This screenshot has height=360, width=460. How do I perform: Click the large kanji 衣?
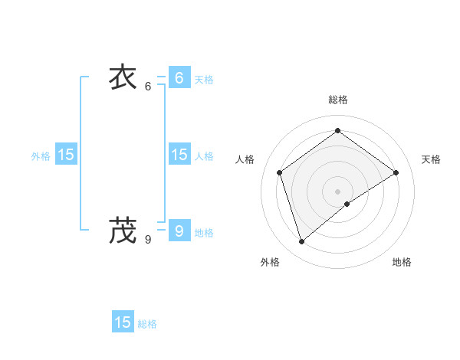123,79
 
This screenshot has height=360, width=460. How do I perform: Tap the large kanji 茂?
123,230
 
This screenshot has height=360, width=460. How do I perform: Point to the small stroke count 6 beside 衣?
148,87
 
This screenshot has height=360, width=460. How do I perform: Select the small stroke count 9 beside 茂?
148,239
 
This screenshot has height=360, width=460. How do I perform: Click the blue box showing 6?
179,77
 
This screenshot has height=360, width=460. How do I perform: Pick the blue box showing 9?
179,230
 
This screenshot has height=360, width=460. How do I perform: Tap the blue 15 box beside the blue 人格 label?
179,155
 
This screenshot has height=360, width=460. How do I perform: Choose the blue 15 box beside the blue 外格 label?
65,155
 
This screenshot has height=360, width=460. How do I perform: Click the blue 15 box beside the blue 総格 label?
123,322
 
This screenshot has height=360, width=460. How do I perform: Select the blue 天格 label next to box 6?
204,80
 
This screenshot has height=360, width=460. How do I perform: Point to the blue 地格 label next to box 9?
204,233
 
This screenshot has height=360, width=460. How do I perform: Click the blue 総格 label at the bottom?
147,325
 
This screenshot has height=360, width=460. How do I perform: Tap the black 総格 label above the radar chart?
337,100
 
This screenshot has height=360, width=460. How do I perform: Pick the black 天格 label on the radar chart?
431,159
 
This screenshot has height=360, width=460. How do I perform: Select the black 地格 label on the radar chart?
402,262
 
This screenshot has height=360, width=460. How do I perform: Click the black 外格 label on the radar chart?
270,262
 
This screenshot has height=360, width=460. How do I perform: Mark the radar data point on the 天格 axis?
396,172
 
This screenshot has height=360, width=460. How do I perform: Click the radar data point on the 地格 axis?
347,204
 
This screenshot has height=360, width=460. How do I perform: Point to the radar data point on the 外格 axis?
301,242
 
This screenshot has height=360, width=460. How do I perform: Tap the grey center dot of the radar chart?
337,191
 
